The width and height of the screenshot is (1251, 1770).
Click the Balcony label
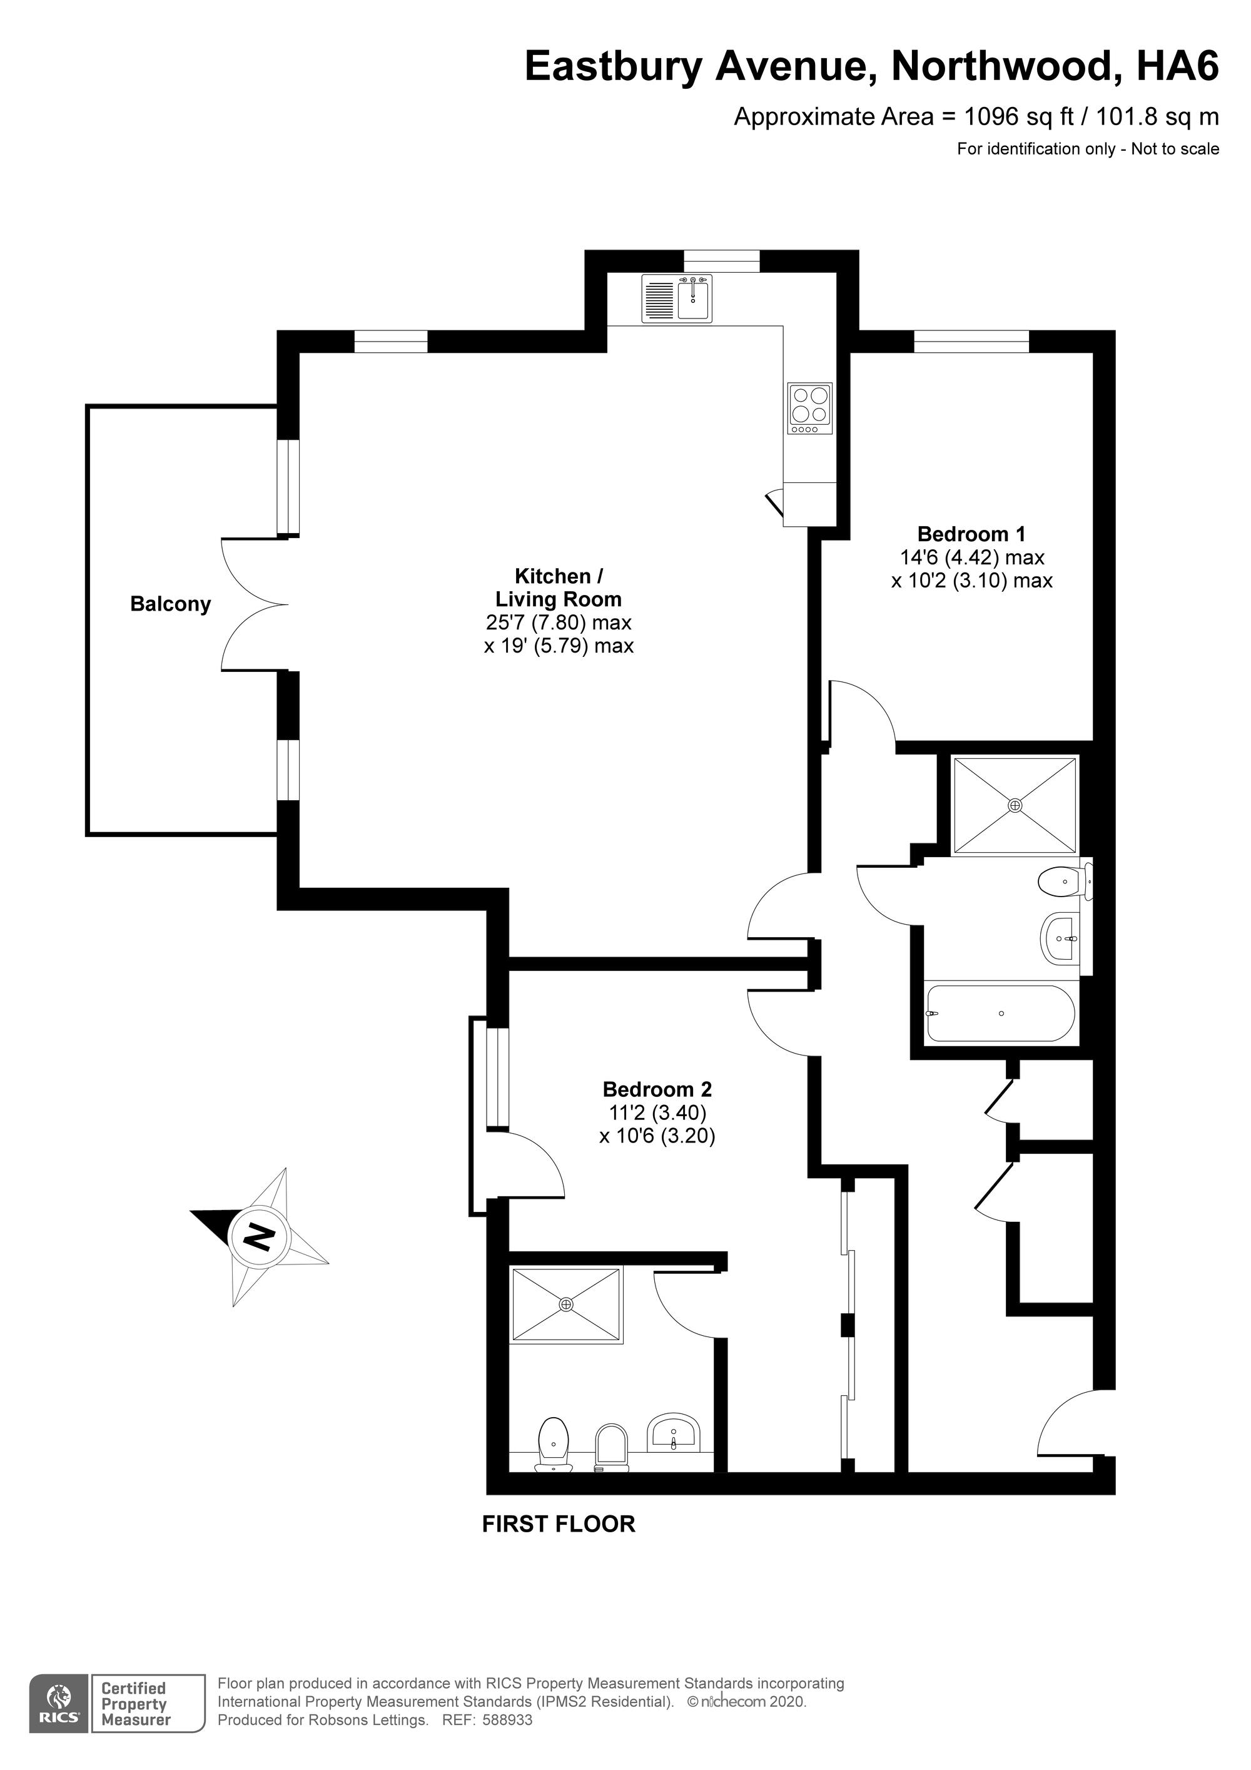170,604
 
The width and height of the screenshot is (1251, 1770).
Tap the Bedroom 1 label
971,534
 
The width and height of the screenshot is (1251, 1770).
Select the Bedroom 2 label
657,1089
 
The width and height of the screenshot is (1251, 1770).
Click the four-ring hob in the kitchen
809,409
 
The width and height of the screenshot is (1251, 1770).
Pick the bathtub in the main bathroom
1001,1013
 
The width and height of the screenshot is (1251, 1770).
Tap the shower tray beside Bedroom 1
1015,806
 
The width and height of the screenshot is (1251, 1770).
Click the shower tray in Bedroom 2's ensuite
567,1304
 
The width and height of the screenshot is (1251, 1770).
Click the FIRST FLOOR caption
559,1524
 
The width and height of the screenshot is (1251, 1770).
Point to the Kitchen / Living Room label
558,587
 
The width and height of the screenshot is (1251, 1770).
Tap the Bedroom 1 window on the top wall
971,341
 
